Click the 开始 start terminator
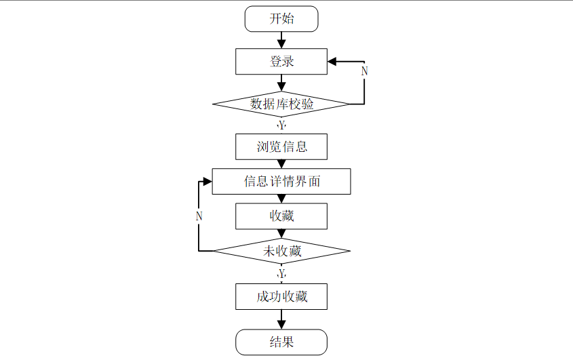click(x=281, y=19)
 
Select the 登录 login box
click(x=281, y=62)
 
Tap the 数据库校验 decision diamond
click(x=281, y=104)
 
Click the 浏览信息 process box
click(x=281, y=146)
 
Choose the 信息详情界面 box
click(x=281, y=181)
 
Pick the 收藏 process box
click(x=281, y=216)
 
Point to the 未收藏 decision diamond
click(x=281, y=252)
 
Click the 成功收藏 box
click(x=281, y=296)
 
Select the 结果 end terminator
click(x=281, y=342)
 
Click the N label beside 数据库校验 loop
click(x=364, y=71)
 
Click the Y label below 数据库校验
click(x=281, y=125)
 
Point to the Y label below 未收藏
click(x=281, y=273)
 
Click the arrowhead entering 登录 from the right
click(x=332, y=62)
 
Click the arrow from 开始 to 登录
click(x=281, y=40)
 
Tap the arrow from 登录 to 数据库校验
click(x=281, y=83)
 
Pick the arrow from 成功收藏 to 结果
click(x=281, y=319)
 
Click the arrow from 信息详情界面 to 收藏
click(x=281, y=199)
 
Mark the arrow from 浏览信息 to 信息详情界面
click(x=281, y=164)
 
